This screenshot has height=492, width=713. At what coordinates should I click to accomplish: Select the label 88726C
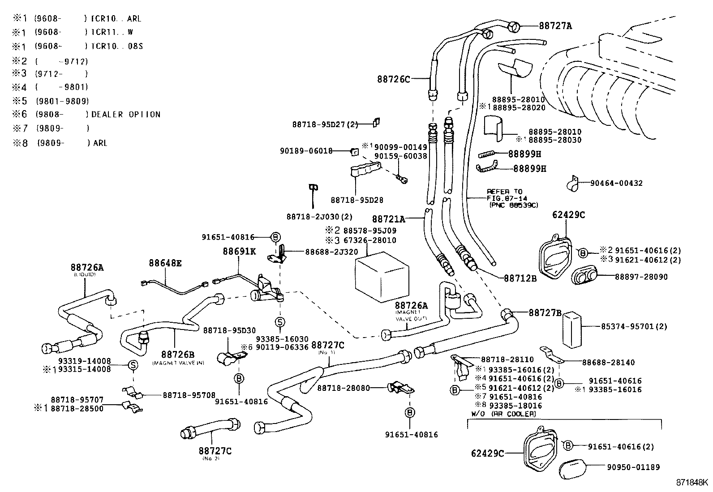coord(393,79)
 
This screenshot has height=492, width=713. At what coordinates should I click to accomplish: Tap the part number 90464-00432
coord(616,183)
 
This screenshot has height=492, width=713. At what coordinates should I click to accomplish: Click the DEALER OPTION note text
coord(125,115)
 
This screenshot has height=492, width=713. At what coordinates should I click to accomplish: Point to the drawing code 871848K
coord(692,483)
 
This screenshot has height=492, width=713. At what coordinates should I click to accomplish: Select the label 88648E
coord(165,264)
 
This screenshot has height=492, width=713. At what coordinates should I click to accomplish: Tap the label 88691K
coord(239,252)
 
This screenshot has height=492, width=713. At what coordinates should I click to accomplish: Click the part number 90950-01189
coord(633,467)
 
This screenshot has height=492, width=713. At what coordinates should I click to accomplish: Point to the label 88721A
coord(388,219)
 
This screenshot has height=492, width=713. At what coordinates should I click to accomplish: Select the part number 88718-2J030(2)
coord(319,217)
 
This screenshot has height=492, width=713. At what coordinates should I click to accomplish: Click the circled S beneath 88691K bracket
coord(279,322)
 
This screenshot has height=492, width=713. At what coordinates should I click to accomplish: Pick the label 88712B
coord(520,278)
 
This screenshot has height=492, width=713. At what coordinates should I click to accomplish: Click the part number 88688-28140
coord(608,362)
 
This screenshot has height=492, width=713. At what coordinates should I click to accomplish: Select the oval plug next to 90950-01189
coord(576,468)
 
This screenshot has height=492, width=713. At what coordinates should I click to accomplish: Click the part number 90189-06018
coord(306,151)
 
